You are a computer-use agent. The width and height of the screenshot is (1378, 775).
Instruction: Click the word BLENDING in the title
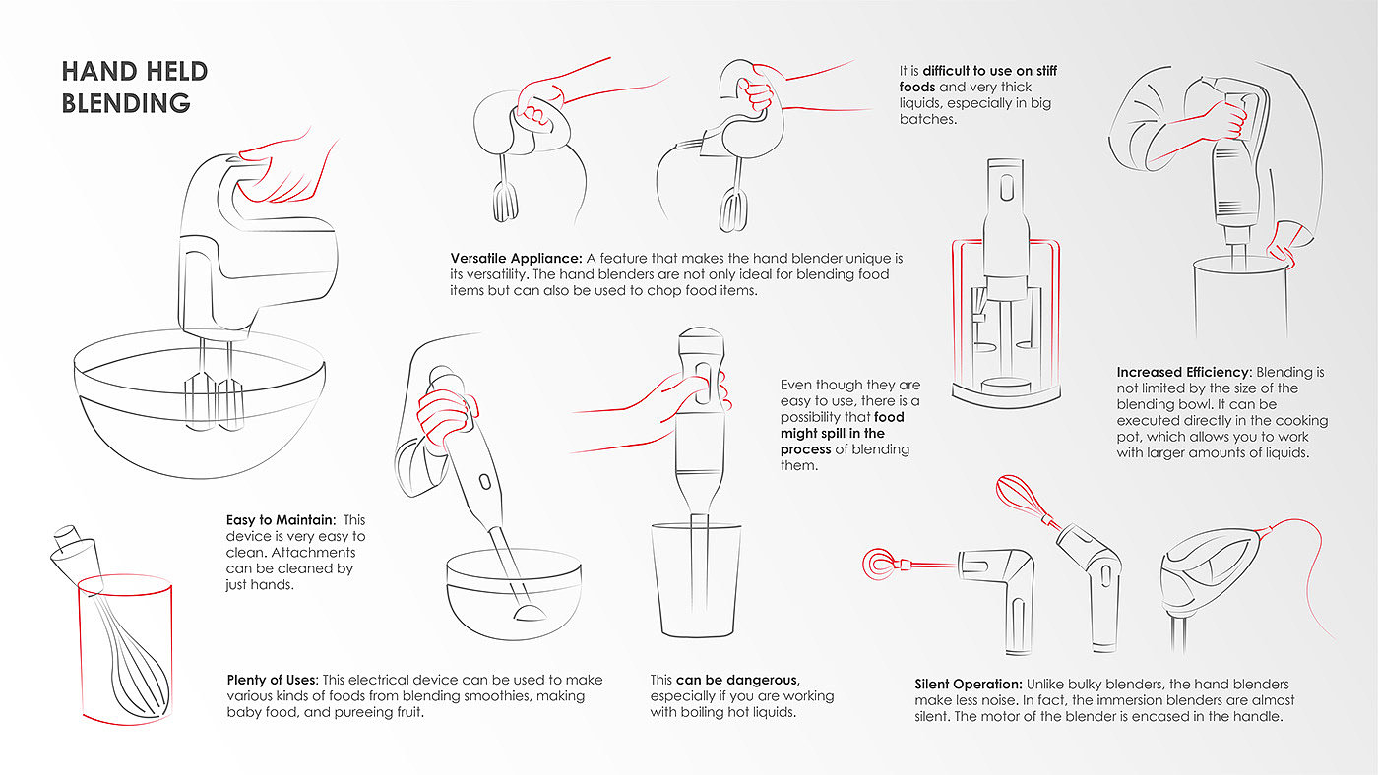[x=126, y=103]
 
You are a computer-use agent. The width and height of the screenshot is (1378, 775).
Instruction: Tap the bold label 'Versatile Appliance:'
[x=516, y=258]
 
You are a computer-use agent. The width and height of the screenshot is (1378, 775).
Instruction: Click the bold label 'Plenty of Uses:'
[x=273, y=680]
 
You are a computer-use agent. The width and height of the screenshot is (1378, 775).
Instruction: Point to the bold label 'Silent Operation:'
[x=969, y=685]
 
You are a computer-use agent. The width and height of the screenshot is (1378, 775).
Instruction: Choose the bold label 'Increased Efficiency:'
[x=1184, y=373]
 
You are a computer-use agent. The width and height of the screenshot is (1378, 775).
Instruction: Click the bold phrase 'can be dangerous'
[x=737, y=680]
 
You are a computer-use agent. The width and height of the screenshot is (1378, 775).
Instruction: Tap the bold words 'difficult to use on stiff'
[x=990, y=71]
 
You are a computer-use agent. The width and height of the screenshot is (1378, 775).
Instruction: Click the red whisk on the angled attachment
[x=1022, y=499]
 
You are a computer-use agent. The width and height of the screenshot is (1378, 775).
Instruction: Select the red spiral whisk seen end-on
[x=878, y=564]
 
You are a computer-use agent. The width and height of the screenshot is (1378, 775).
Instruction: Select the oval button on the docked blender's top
[x=1006, y=188]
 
